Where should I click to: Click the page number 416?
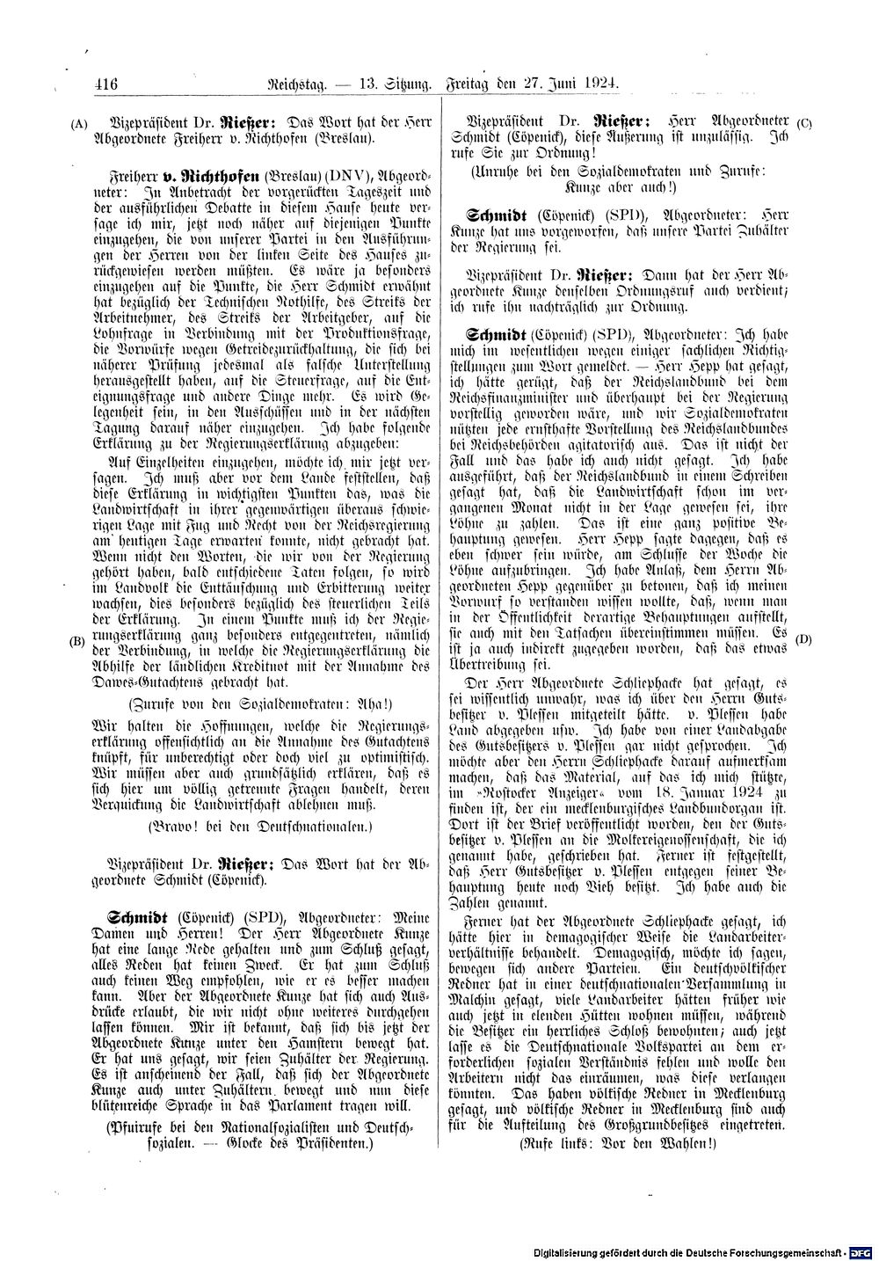pos(105,84)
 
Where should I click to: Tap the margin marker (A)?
pos(77,124)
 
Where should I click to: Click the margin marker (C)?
pos(803,123)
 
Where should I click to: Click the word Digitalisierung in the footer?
pos(571,1251)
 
